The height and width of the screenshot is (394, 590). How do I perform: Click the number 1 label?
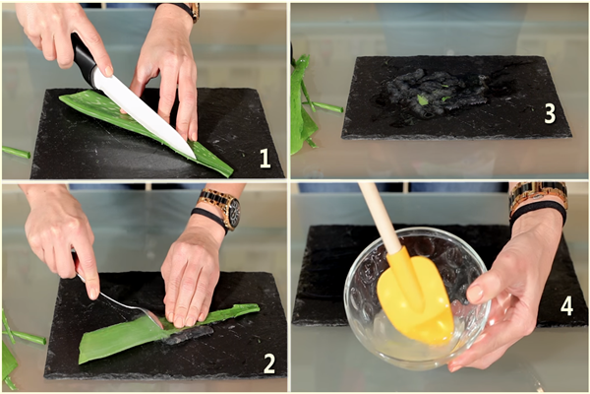(x=265, y=158)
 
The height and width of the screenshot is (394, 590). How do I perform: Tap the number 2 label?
(x=269, y=363)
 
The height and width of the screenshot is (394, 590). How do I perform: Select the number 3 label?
(x=550, y=113)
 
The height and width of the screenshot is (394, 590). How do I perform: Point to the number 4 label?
(x=566, y=305)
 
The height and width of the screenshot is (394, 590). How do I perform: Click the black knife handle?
(x=84, y=58)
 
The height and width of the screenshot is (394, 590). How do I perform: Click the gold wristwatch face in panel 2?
(x=233, y=214)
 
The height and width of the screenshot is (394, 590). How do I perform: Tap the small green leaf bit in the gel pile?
(x=423, y=99)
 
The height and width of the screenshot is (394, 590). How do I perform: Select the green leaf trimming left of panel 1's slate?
(x=16, y=152)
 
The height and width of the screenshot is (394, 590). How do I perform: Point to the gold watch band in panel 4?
(x=538, y=192)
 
